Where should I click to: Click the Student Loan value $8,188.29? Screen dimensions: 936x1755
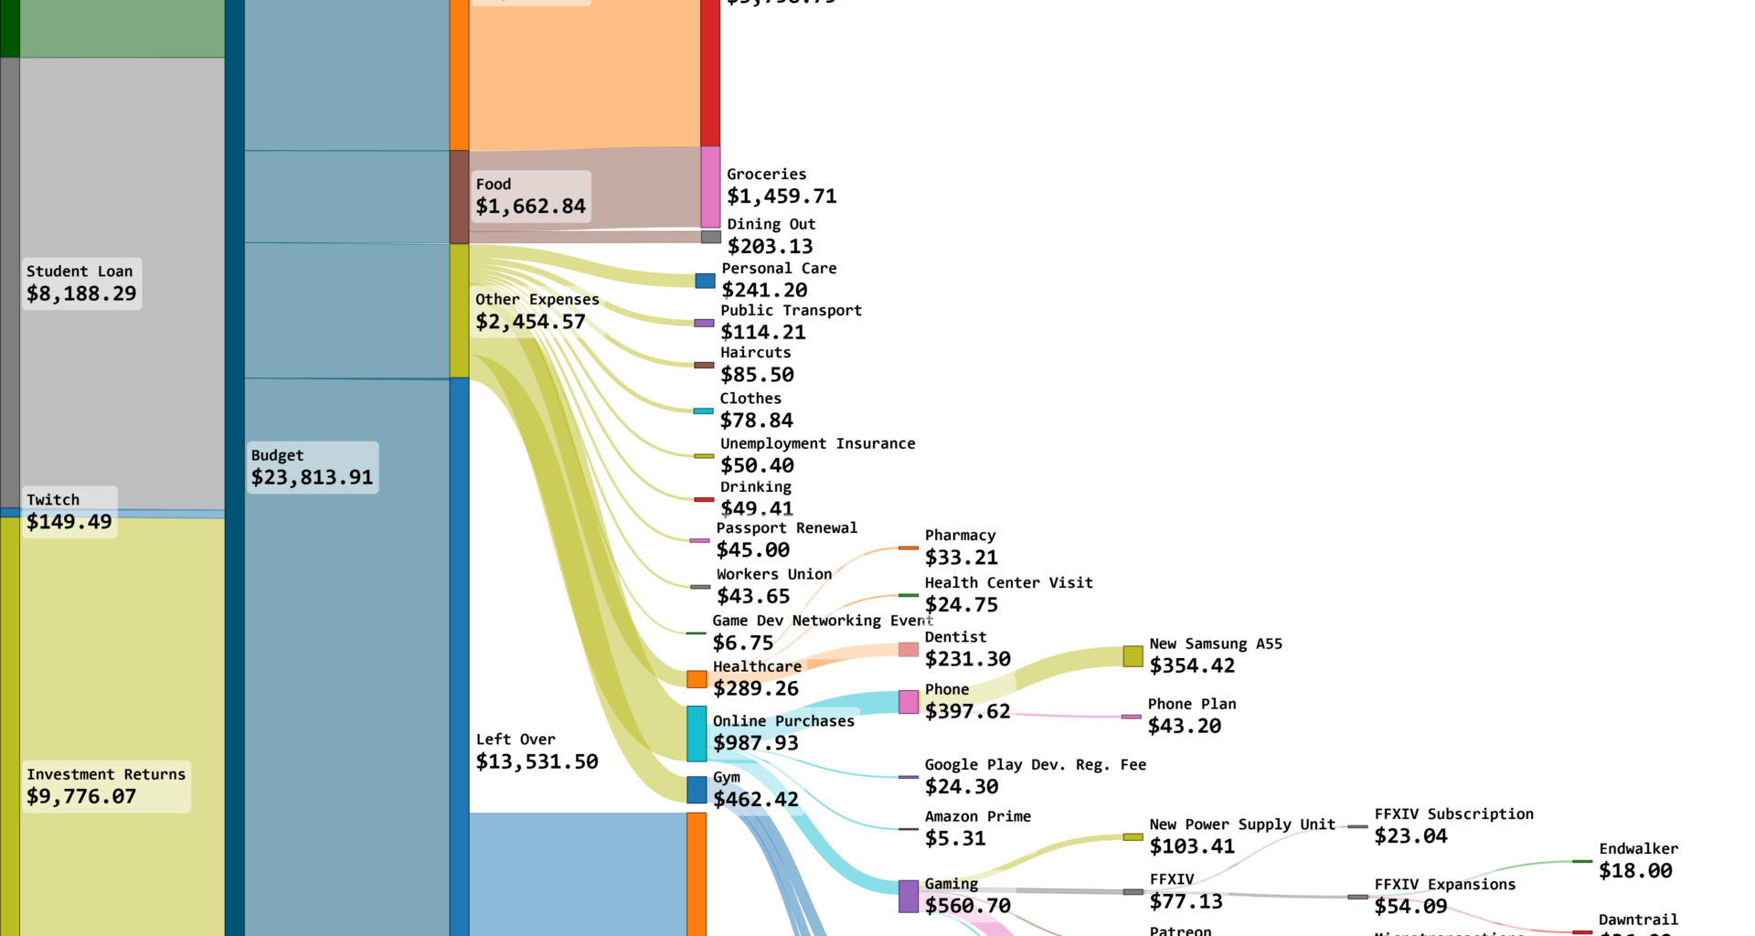(81, 294)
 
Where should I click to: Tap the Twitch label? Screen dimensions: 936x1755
(53, 500)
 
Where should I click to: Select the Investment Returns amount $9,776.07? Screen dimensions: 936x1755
(81, 797)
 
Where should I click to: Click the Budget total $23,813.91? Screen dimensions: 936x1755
(312, 478)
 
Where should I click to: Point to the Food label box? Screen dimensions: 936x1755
(530, 197)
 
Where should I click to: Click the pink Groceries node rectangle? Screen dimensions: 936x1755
(710, 186)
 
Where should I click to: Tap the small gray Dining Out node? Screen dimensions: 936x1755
(711, 237)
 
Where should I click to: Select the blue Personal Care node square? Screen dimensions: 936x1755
(705, 281)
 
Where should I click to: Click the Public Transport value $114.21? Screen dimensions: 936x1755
(763, 333)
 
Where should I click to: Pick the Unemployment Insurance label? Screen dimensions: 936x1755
(817, 444)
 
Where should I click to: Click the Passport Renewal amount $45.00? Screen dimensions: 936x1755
(753, 550)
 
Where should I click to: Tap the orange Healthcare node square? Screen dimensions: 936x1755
(697, 679)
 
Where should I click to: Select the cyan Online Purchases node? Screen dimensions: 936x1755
(697, 733)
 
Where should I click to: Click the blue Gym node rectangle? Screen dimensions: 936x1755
(697, 790)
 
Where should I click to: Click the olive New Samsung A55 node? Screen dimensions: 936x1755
(1133, 656)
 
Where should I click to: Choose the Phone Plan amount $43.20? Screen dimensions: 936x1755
(1185, 727)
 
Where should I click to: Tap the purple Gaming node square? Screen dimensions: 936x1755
(909, 897)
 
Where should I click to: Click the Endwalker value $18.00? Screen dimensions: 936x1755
(1635, 871)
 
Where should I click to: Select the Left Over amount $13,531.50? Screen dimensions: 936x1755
(537, 762)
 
